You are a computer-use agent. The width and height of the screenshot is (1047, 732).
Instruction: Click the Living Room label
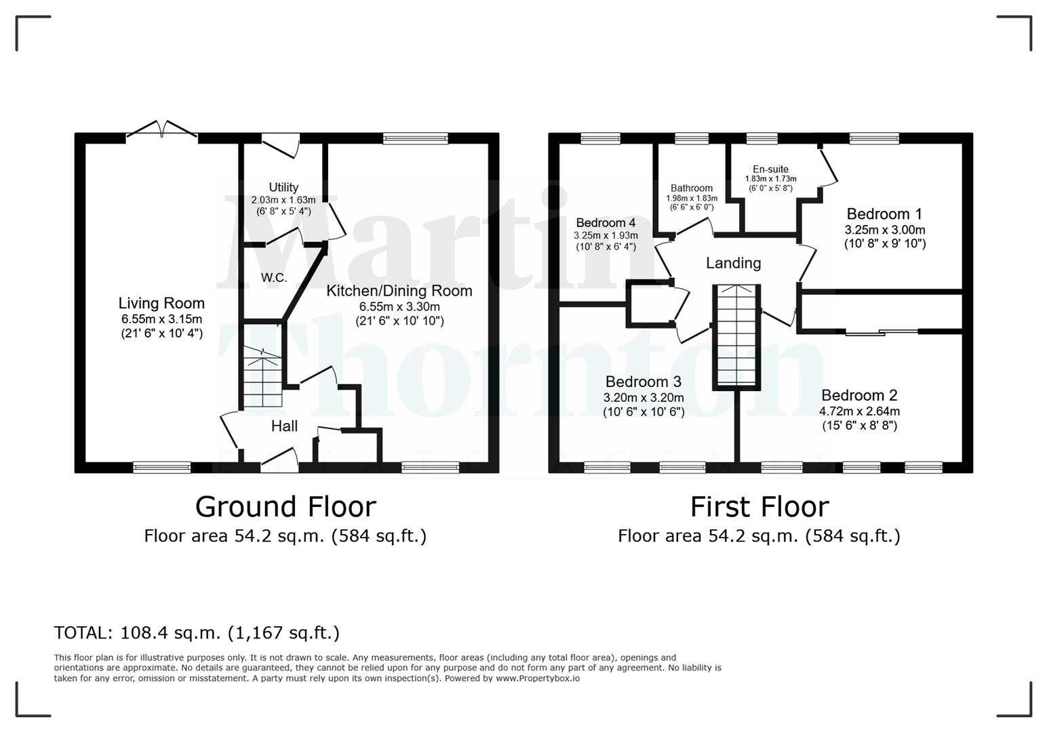pos(161,303)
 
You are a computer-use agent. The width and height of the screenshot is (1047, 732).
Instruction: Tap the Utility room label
pos(283,187)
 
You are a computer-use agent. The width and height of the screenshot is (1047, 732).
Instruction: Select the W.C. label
pos(274,277)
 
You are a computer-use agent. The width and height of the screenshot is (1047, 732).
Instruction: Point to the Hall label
pos(284,426)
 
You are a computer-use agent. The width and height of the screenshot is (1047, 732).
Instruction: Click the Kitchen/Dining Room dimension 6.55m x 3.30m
pos(399,306)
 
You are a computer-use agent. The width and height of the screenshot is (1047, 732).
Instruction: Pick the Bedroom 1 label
pos(884,214)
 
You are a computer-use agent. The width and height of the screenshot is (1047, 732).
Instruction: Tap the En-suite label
pos(770,169)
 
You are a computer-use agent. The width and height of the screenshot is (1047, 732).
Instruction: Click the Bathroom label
pos(691,188)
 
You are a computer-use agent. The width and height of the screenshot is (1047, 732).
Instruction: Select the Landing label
pos(733,264)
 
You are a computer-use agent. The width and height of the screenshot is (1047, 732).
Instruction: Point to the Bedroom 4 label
pos(606,223)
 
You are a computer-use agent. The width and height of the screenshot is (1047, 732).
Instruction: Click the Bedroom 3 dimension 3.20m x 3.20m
pos(644,398)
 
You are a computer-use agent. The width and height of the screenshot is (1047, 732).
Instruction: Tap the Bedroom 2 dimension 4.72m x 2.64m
pos(860,411)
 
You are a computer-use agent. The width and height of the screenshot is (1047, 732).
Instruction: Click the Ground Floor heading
pos(285,507)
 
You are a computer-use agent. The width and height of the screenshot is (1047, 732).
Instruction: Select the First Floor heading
pos(759,507)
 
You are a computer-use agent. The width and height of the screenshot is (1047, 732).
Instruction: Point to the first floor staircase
pos(736,338)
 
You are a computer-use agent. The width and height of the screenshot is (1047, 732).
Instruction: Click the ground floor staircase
pos(262,377)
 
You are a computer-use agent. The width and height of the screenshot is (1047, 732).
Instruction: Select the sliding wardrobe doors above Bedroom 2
pos(882,332)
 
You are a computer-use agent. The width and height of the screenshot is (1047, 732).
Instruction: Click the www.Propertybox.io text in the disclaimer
pos(538,678)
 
